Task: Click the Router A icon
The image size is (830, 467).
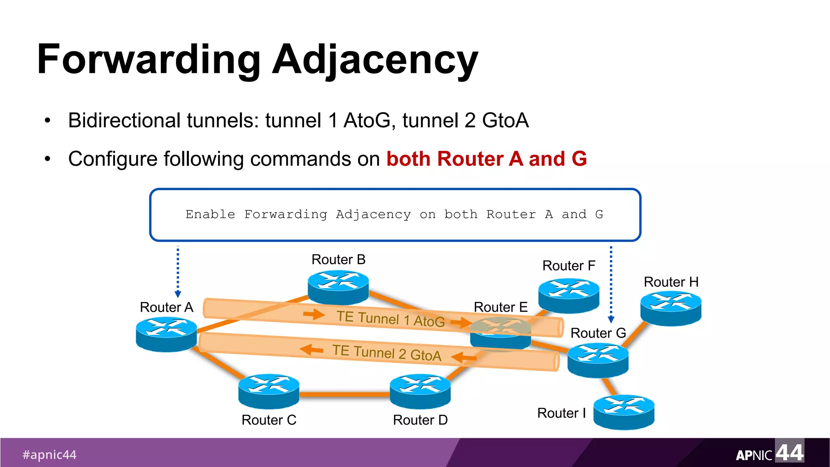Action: click(166, 334)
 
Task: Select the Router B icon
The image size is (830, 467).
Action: click(338, 287)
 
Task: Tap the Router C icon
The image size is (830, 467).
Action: click(269, 391)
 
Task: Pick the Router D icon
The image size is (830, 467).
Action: click(420, 391)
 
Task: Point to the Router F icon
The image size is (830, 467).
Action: click(569, 295)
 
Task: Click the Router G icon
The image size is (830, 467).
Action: click(598, 360)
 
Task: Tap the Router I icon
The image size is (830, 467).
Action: click(624, 411)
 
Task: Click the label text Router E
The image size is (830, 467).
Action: click(501, 307)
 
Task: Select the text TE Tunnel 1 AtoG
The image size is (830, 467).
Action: click(391, 319)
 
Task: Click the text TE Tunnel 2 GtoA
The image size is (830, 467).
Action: click(387, 352)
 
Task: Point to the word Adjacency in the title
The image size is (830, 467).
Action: click(375, 60)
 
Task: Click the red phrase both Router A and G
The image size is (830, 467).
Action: click(486, 159)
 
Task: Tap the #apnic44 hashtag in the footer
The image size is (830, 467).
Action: click(49, 454)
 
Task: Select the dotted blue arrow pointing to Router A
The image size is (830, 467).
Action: click(178, 272)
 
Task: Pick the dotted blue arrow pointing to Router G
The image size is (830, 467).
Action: click(611, 284)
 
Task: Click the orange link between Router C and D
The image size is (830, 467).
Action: click(344, 394)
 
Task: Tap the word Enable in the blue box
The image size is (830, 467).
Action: click(210, 214)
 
